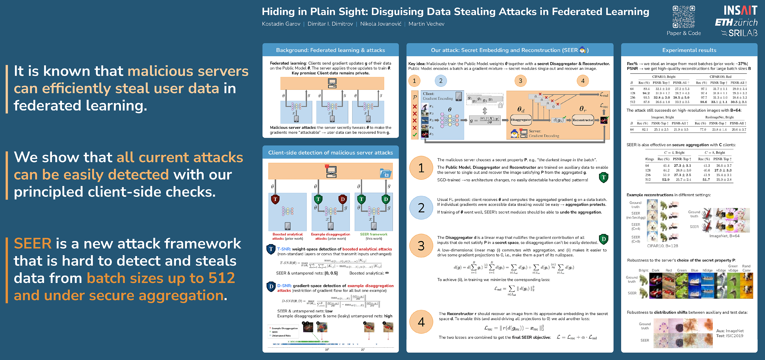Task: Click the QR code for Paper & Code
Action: point(684,17)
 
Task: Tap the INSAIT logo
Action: point(740,10)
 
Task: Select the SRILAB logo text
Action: point(742,33)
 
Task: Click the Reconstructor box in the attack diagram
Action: point(583,120)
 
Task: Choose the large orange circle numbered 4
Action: point(421,322)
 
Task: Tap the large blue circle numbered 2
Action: point(421,208)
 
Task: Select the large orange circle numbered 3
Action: point(421,246)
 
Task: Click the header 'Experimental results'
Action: point(689,50)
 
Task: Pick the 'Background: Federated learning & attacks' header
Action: point(330,50)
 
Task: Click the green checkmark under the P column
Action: point(415,135)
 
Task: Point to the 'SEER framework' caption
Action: point(374,234)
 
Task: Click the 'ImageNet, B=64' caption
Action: point(724,236)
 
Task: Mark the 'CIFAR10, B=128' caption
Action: point(662,246)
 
